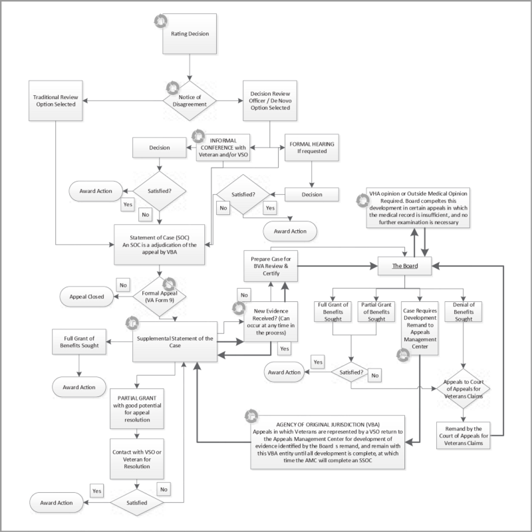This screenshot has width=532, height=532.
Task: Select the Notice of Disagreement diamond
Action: coord(190,100)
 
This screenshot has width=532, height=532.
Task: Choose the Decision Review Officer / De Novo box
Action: coord(269,100)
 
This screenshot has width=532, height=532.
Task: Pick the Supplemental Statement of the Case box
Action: coord(174,342)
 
